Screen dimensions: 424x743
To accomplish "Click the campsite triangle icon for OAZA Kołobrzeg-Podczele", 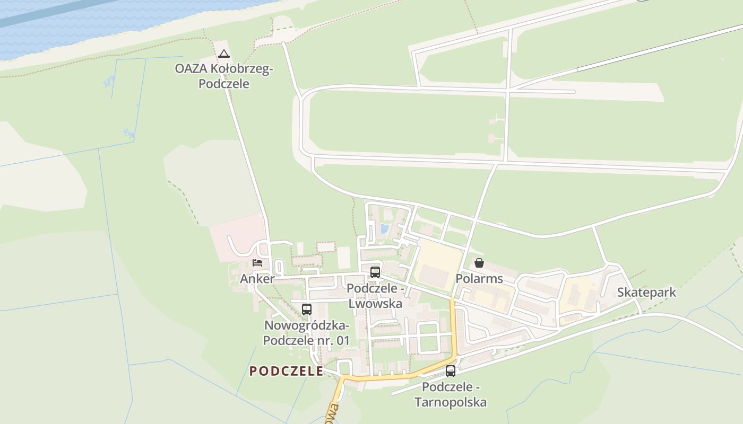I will [224, 54].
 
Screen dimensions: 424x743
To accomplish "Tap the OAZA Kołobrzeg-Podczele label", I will [224, 76].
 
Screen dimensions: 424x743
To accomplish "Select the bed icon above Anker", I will [257, 262].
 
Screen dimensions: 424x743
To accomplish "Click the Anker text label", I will [257, 279].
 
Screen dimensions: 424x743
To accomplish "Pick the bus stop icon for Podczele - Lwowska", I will [375, 272].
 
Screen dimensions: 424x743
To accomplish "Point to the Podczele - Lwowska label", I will [375, 296].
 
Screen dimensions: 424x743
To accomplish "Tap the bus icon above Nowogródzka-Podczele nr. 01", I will [306, 309].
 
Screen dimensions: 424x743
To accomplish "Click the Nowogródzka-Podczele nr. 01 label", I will [306, 333].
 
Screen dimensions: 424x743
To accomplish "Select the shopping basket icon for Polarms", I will [479, 263].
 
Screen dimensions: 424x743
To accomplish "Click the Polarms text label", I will [479, 279].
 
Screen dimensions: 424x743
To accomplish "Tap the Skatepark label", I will [646, 293].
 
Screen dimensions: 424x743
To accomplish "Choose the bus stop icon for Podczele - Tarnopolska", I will [451, 371].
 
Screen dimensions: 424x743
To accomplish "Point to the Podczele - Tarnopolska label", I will [451, 394].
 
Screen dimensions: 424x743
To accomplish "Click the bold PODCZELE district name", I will [287, 371].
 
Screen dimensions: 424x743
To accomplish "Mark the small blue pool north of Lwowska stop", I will [384, 229].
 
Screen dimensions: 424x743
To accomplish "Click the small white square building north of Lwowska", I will [344, 258].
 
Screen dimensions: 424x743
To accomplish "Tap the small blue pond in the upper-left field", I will [109, 81].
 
